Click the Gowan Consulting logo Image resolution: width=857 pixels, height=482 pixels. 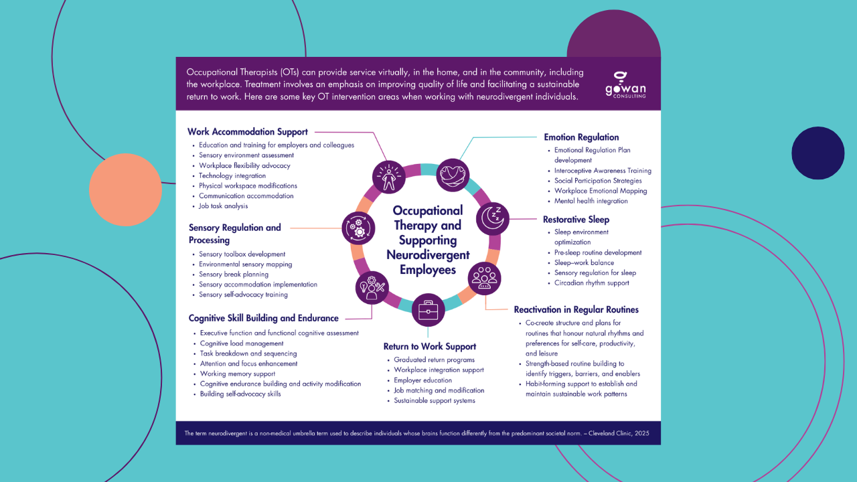[x=625, y=85]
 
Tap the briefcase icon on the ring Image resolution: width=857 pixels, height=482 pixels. [x=428, y=310]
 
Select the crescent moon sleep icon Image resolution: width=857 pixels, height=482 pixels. [x=493, y=217]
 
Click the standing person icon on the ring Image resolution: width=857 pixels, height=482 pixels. [x=389, y=177]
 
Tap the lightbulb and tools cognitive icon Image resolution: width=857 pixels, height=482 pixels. [x=372, y=287]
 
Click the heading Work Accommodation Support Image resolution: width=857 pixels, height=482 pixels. [x=248, y=132]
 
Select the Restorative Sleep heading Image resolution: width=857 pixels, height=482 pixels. [x=576, y=220]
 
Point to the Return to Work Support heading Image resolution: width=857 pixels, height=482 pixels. [x=430, y=347]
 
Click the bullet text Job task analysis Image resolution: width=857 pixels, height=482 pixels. [x=223, y=206]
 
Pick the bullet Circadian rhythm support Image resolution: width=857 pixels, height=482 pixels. [x=592, y=283]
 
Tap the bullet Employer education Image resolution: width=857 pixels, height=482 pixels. [x=422, y=380]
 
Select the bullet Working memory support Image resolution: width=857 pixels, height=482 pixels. [x=238, y=374]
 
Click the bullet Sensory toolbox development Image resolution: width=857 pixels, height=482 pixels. [x=242, y=254]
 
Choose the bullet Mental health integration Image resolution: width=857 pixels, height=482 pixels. [x=591, y=201]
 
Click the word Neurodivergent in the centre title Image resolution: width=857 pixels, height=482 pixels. [x=428, y=255]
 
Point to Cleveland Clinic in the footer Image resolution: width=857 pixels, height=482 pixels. [x=607, y=433]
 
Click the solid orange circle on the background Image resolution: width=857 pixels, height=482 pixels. [x=125, y=189]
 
